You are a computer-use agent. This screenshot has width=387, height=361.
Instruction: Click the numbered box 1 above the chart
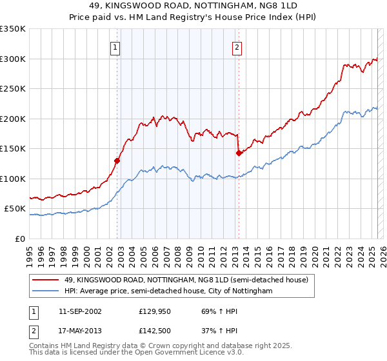click(115, 46)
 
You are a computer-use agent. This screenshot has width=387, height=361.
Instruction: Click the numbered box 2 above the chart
click(237, 46)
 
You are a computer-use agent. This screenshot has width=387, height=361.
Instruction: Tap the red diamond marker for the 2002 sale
click(117, 161)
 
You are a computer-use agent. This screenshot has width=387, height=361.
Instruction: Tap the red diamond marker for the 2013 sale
click(239, 153)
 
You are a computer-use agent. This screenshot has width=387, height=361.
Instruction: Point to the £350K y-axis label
click(13, 29)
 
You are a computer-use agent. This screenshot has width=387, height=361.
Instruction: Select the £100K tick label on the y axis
click(13, 179)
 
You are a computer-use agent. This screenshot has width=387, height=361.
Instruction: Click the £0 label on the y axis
click(19, 239)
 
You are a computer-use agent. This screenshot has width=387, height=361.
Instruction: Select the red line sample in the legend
click(46, 280)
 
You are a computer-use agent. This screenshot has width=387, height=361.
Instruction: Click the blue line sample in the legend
click(46, 291)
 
